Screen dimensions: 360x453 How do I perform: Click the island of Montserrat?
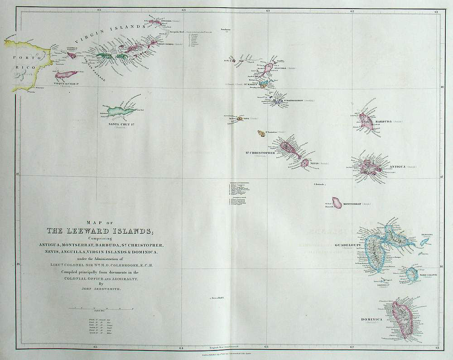(x=337, y=202)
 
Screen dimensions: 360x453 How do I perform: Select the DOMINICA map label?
(x=371, y=319)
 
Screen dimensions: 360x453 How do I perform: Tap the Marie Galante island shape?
(x=411, y=274)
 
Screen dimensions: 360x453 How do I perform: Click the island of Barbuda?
(x=365, y=120)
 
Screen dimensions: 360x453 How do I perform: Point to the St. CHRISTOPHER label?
(x=260, y=153)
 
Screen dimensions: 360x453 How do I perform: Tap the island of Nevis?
(x=304, y=163)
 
